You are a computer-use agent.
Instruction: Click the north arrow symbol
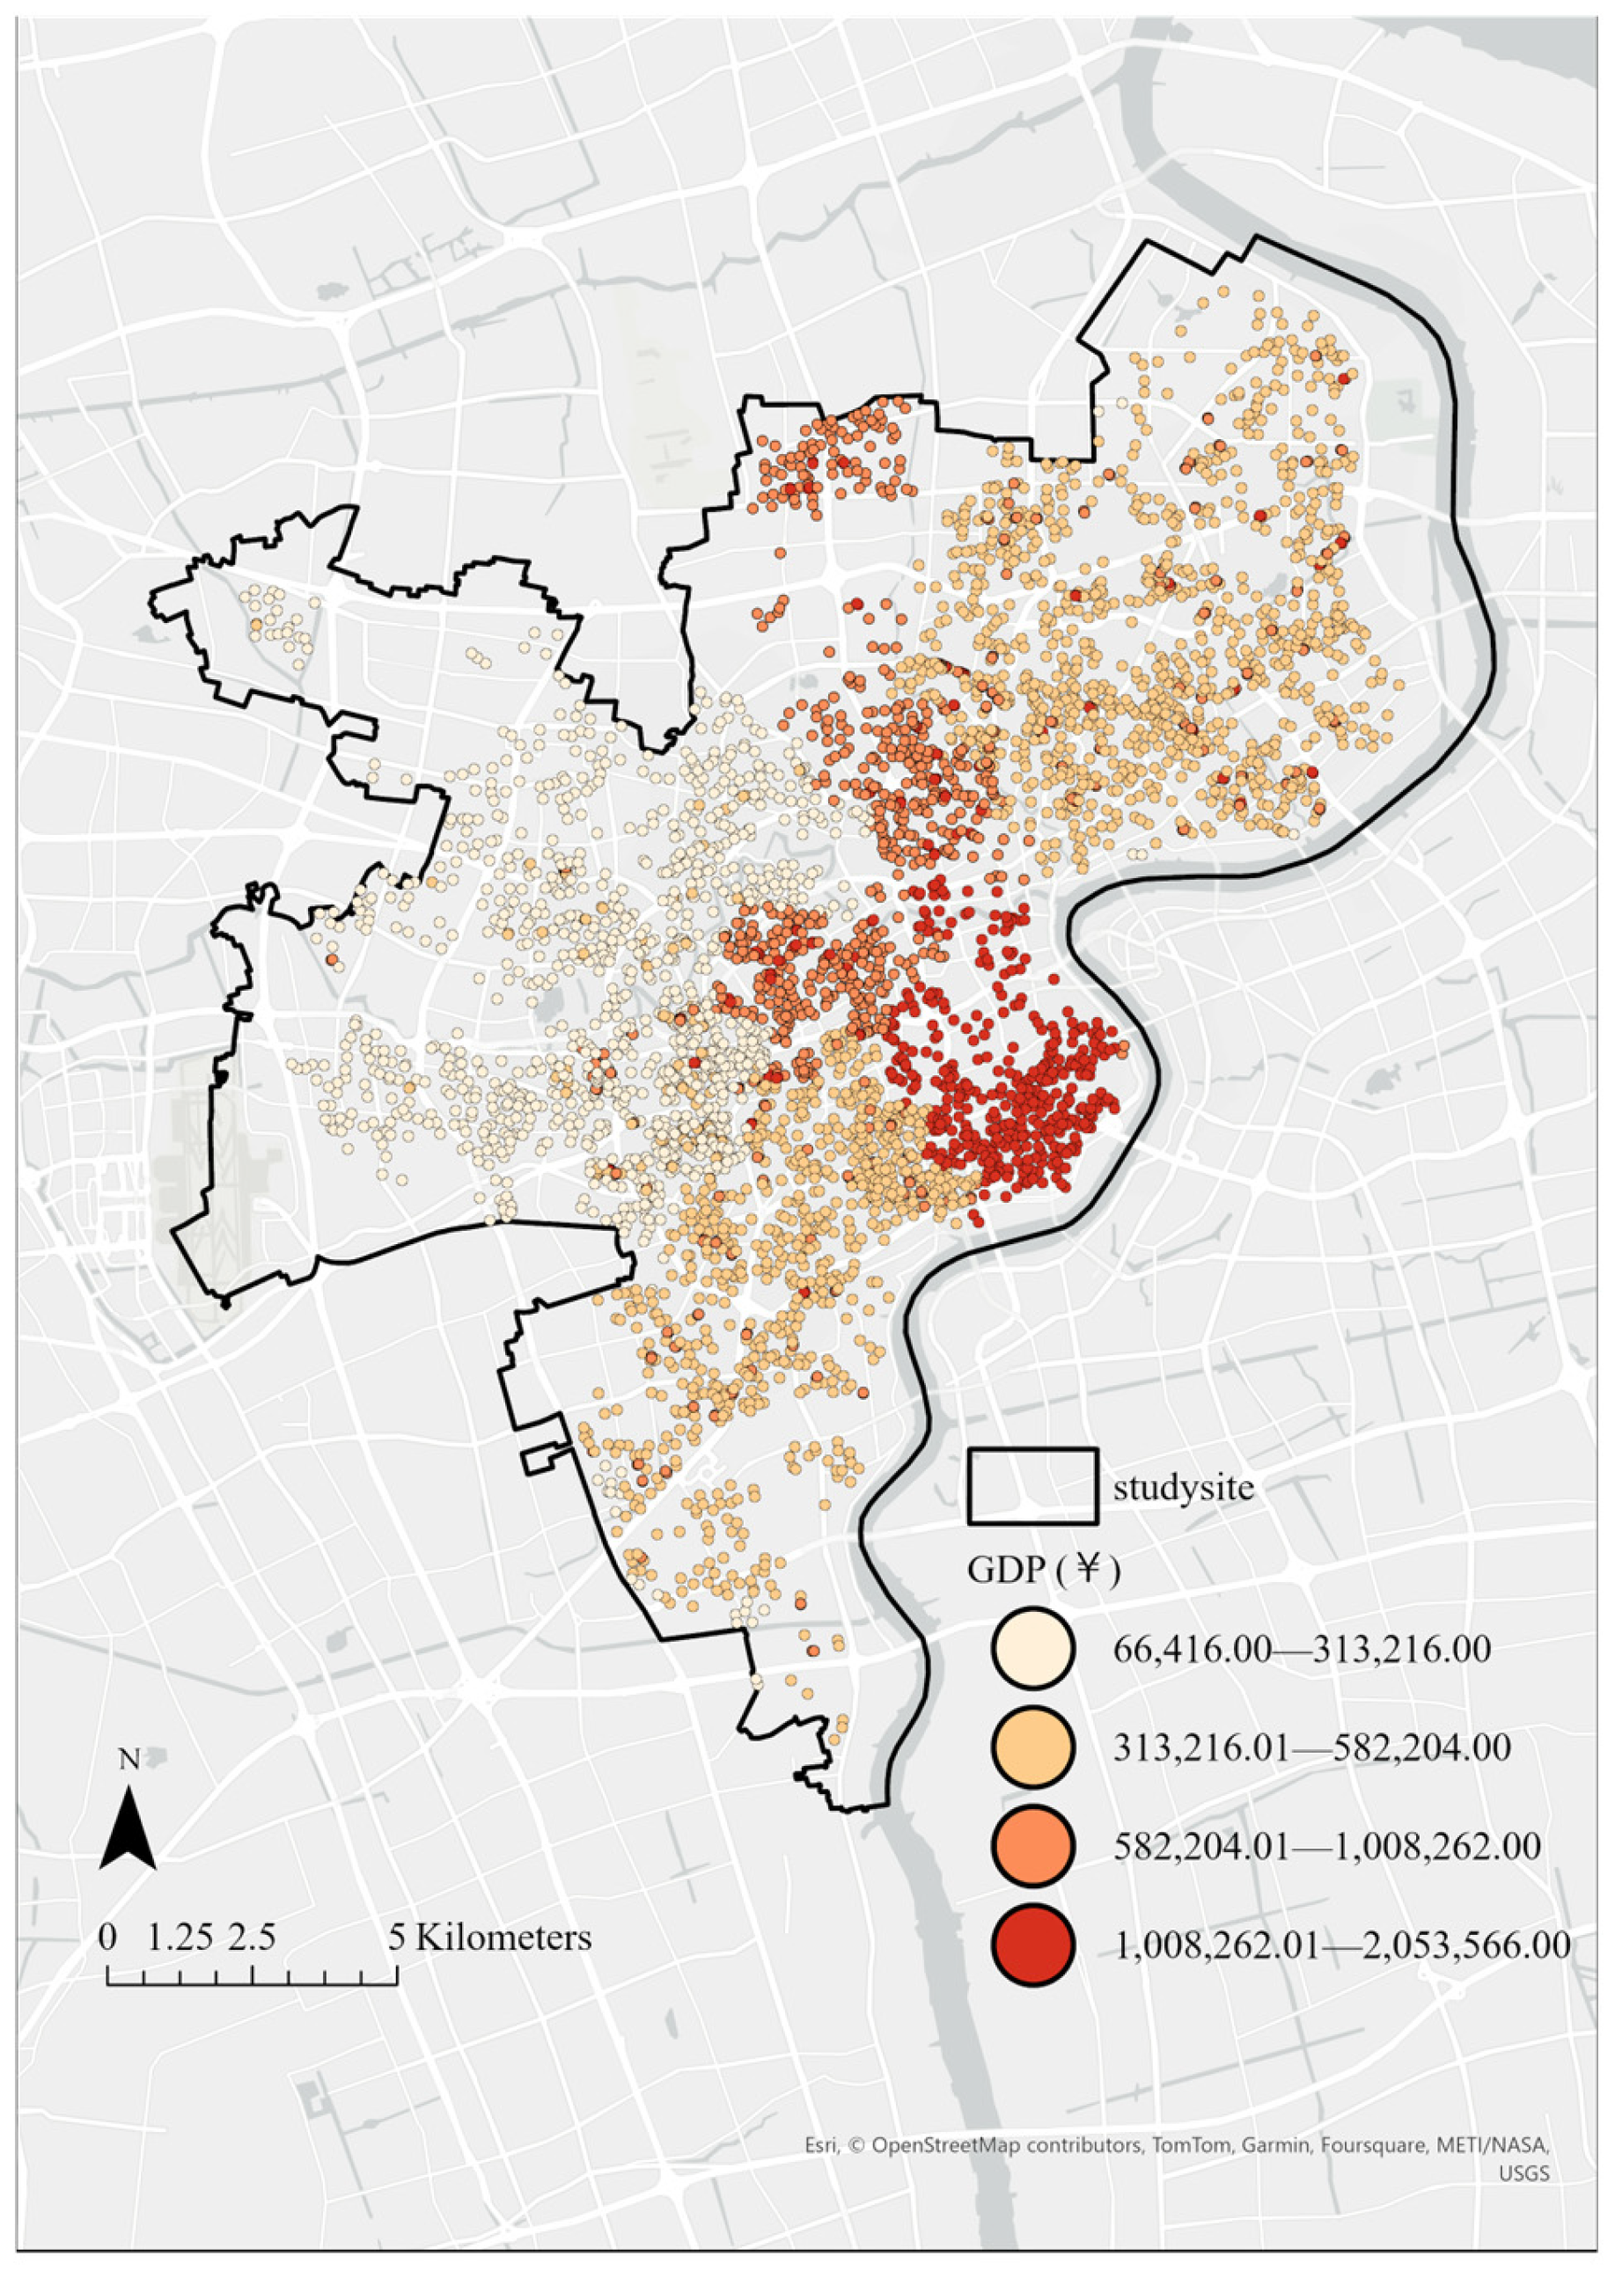pos(128,1827)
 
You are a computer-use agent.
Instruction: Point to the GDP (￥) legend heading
pos(1044,1570)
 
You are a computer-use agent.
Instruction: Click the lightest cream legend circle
pos(1033,1650)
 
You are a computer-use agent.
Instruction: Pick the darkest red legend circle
pos(1033,1945)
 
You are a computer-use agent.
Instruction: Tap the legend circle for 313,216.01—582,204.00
pos(1033,1748)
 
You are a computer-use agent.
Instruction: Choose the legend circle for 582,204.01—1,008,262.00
pos(1033,1846)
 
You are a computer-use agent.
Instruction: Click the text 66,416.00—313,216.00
pos(1302,1650)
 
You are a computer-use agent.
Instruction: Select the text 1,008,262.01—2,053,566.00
pos(1342,1945)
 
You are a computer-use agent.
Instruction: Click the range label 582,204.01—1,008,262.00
pos(1326,1846)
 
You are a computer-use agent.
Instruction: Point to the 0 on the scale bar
pos(107,1937)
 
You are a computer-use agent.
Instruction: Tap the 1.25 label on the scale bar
pos(180,1937)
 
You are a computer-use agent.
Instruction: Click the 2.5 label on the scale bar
pos(252,1937)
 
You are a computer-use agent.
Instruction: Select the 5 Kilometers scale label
pos(489,1937)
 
